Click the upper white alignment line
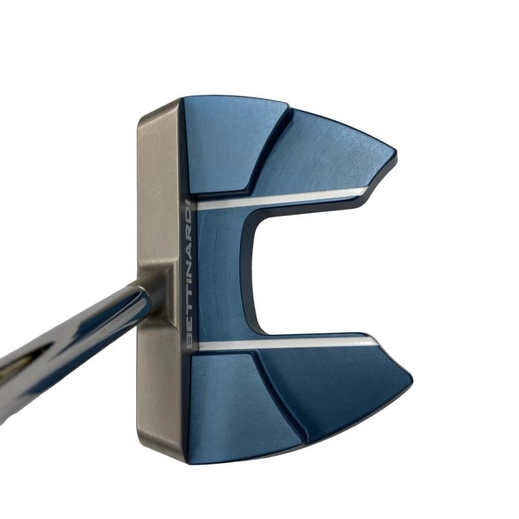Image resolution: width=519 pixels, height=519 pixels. [x=282, y=198]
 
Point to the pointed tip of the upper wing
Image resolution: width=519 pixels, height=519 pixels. [x=396, y=153]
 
